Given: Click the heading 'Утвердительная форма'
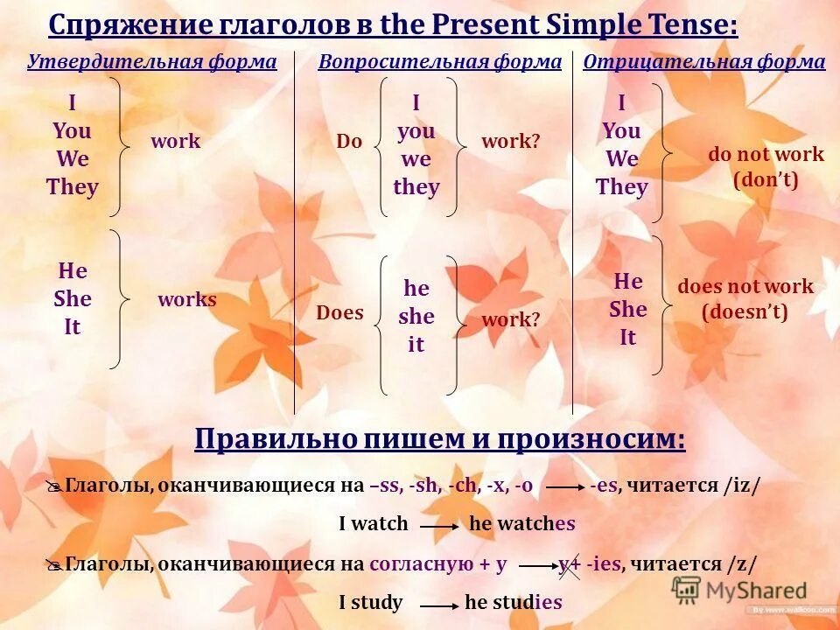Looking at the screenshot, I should [x=151, y=62].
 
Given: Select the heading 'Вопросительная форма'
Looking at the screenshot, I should [x=440, y=62].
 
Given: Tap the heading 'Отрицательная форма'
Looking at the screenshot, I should [x=703, y=62].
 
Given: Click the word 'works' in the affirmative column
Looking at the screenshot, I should [x=187, y=300].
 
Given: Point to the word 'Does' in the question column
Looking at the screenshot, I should [x=339, y=313].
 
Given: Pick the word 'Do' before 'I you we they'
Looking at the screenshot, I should [x=349, y=142].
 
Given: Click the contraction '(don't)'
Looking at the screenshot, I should [x=766, y=180].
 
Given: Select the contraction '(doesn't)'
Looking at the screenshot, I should [x=745, y=311].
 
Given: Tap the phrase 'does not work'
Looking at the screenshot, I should [x=745, y=287].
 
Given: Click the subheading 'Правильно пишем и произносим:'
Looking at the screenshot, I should [x=439, y=439].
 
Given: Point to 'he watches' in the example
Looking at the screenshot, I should [x=522, y=524].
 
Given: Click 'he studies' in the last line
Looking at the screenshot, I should [x=513, y=602].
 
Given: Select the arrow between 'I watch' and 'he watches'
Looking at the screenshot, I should [x=439, y=526].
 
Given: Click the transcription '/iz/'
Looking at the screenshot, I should [x=742, y=486].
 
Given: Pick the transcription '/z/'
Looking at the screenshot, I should [x=740, y=564].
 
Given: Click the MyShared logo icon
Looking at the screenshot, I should [x=687, y=591].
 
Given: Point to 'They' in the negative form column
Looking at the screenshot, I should [x=621, y=187].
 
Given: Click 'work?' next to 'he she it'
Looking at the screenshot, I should [x=511, y=320].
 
